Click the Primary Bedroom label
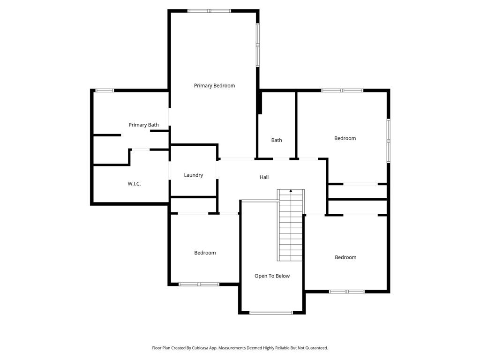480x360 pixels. point(214,86)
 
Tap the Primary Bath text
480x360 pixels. point(143,125)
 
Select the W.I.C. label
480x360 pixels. point(134,184)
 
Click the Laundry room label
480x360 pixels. point(193,175)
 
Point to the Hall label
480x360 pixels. point(264,177)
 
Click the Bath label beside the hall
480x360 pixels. point(277,140)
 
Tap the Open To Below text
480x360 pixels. point(272,276)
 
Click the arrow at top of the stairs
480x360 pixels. point(291,191)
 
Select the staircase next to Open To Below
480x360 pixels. point(291,227)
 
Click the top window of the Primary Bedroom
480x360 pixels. point(209,11)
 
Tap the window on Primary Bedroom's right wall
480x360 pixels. point(257,45)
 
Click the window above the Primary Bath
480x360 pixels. point(105,90)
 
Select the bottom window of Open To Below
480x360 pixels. point(271,313)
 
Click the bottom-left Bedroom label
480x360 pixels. point(205,253)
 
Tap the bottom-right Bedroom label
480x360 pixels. point(345,257)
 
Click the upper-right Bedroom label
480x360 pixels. point(345,138)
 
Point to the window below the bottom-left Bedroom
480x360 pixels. point(199,284)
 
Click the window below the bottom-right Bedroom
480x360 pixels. point(346,292)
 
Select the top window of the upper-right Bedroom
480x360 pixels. point(342,90)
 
